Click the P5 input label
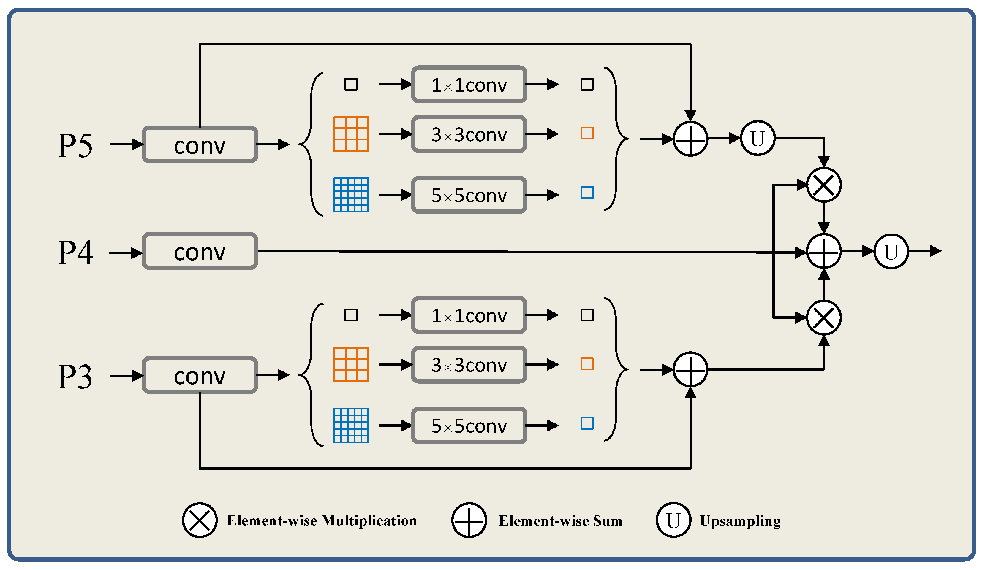coord(75,145)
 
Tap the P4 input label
coord(75,253)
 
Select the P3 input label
coord(75,377)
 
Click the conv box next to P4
coord(199,252)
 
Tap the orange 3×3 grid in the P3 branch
coord(351,364)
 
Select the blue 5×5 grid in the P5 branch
coord(351,195)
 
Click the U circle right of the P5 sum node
coord(757,138)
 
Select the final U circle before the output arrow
coord(891,252)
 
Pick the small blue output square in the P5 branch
coord(587,193)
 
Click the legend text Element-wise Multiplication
coord(321,521)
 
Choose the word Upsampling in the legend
coord(740,521)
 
